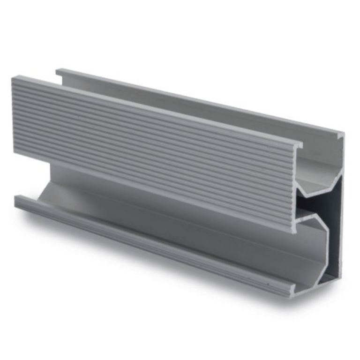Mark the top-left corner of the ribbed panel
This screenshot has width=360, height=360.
click(x=13, y=78)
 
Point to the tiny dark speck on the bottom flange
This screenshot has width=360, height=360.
click(x=268, y=283)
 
